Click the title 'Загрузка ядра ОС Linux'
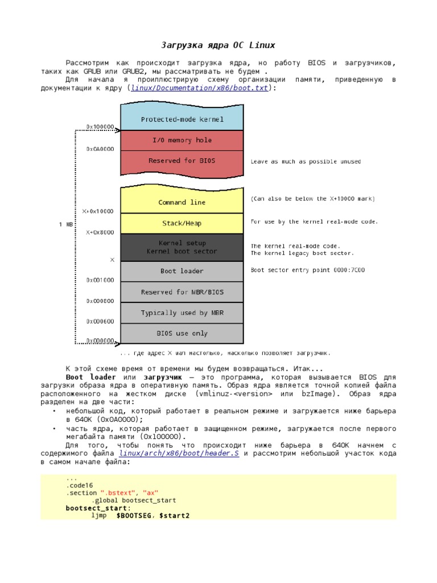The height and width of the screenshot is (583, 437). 218,45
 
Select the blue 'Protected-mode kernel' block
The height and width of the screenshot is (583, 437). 182,120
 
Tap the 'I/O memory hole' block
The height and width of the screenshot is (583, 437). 182,140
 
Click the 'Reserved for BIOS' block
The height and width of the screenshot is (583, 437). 182,161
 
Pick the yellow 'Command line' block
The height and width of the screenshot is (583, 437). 182,202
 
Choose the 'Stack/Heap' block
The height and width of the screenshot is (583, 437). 182,223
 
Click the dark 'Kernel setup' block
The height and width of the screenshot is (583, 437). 182,247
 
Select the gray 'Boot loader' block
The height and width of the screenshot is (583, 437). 182,271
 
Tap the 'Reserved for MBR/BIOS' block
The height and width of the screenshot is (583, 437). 182,292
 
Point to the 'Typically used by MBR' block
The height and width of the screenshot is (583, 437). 182,313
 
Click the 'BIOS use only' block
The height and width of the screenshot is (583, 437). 182,333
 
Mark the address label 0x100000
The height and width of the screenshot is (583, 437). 100,126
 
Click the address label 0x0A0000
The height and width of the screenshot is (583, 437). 100,149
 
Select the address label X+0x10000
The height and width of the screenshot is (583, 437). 98,211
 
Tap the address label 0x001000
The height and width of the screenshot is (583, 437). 100,280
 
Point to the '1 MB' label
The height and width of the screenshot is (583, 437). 66,225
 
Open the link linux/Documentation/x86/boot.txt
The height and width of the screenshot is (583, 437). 200,88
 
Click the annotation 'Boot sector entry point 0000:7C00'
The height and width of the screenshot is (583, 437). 308,270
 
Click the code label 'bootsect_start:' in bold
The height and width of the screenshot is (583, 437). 98,508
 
